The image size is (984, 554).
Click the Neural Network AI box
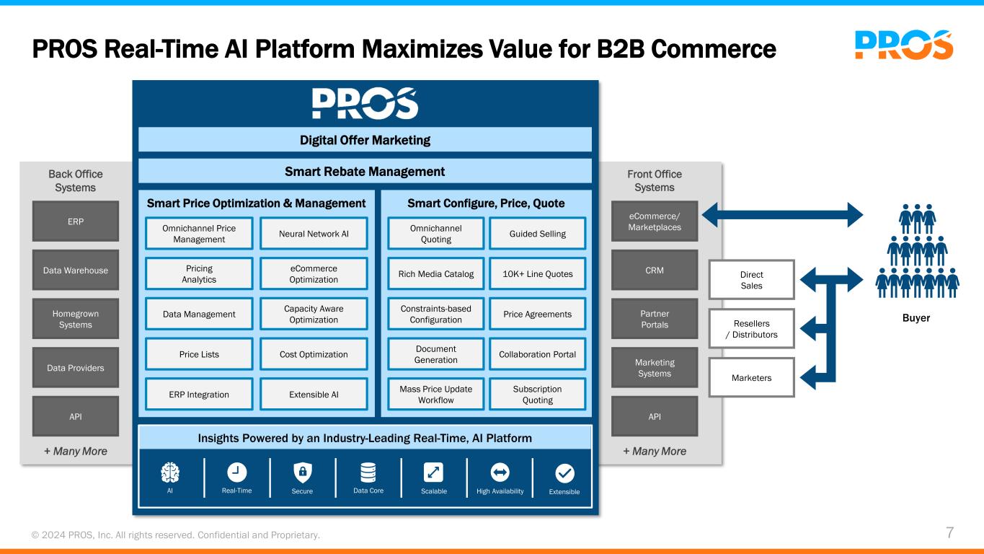pos(314,234)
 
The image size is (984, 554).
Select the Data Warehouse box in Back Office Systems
pos(76,271)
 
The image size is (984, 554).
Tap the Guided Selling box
pos(537,234)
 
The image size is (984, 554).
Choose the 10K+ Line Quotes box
pos(537,274)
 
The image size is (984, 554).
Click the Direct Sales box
pos(752,279)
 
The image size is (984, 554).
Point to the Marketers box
pos(752,377)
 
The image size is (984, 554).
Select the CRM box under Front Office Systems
pos(655,271)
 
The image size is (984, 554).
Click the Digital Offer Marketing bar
pos(365,140)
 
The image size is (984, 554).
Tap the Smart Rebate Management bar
pos(365,172)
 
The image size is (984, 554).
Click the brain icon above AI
pos(170,472)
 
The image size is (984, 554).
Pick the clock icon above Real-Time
pos(236,472)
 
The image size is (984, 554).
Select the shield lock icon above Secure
pos(303,472)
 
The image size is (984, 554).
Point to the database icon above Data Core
pos(368,472)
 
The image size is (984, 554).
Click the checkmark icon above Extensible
pos(565,472)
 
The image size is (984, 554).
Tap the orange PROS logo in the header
pos(903,44)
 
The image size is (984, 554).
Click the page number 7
pos(949,533)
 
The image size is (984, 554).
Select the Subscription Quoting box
pos(537,395)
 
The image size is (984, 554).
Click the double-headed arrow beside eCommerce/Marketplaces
pos(781,213)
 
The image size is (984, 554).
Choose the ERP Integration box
pos(199,395)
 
